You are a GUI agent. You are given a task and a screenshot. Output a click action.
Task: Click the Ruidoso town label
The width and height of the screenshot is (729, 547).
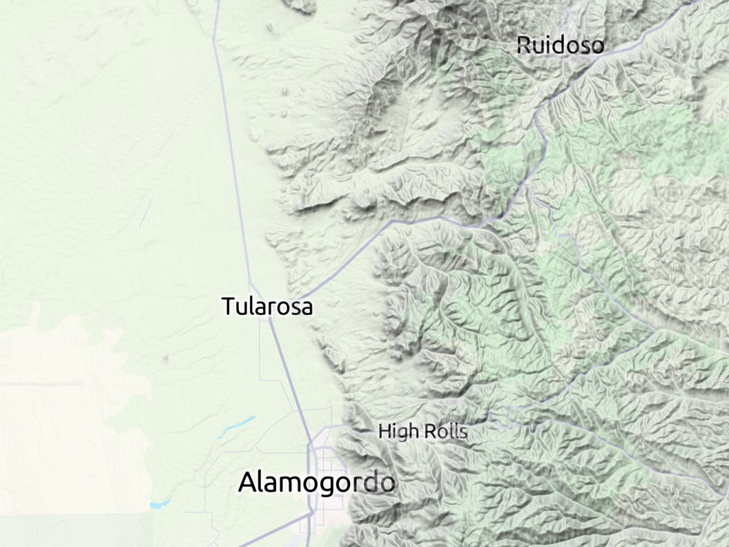point(560,46)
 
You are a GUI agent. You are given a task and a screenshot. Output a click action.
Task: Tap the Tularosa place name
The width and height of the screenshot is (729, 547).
point(266,306)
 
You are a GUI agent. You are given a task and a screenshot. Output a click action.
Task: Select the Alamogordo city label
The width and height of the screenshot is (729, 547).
point(316,483)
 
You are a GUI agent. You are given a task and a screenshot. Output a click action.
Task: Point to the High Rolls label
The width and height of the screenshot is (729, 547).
point(422,432)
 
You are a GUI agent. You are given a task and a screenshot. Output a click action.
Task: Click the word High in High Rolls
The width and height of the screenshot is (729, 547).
point(398,433)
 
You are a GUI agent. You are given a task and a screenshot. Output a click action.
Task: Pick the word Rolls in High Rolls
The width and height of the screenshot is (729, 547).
point(445,432)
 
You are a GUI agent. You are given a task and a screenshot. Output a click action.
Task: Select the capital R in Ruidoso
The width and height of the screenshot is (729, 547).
point(524,46)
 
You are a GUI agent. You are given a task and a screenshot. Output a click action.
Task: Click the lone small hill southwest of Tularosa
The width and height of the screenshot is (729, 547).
point(166,358)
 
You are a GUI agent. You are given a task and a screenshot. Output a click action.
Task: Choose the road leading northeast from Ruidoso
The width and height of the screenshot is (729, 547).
point(642,28)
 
